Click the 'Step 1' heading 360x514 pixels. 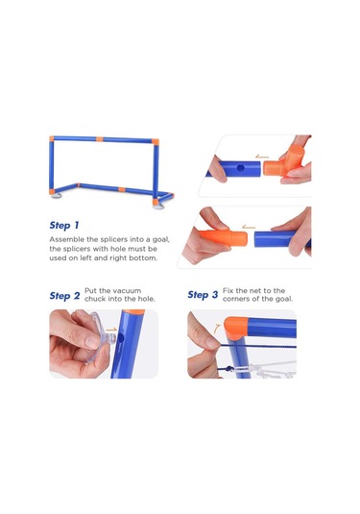coord(64,225)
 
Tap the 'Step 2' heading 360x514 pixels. coord(64,296)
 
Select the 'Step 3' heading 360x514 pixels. coord(203,295)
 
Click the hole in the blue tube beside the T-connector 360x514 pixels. coord(240,169)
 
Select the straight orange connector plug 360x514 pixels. coord(224,237)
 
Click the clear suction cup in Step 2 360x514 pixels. coord(98,337)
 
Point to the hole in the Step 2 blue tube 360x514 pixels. coord(121,337)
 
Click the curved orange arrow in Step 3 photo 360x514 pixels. coord(217,329)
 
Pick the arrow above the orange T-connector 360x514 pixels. coord(262,157)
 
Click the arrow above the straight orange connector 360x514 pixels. coord(249,227)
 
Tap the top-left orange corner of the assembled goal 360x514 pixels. coord(52,138)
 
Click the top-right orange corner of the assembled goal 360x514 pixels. coord(156,141)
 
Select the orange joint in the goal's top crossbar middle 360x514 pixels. coord(100,139)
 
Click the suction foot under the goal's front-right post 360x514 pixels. coord(156,207)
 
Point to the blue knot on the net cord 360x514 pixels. coord(229,369)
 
